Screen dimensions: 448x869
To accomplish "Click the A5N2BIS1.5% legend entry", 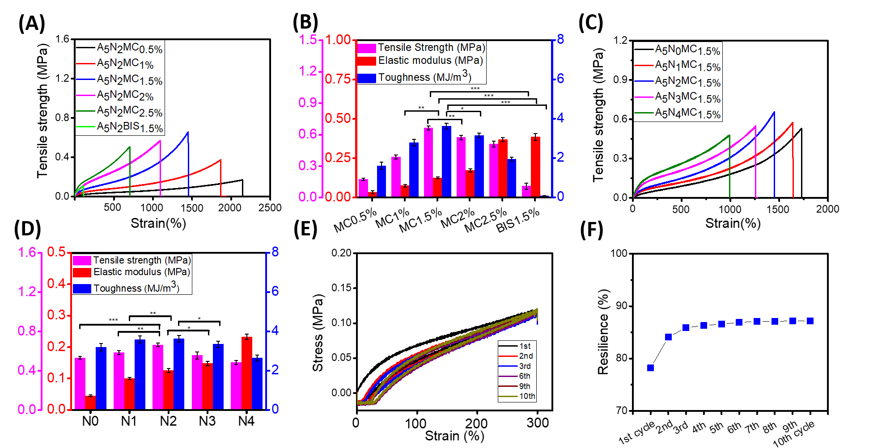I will [x=130, y=127].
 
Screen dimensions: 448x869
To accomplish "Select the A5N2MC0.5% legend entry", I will [x=130, y=48].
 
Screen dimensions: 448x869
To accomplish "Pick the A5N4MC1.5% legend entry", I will [x=687, y=113].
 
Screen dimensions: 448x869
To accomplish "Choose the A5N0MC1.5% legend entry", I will [x=687, y=50].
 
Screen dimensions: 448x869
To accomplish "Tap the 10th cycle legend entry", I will [x=526, y=396].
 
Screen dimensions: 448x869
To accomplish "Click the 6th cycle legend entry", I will [x=524, y=376].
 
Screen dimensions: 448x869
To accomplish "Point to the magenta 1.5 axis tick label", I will [x=308, y=40].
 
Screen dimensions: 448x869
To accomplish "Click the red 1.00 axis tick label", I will [x=338, y=40].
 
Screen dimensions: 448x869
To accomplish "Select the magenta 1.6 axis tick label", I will [x=27, y=253].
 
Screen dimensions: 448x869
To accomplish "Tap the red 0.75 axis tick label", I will [x=338, y=79].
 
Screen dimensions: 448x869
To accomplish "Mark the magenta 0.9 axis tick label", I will [x=308, y=103].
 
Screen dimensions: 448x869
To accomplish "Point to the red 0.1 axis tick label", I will [x=56, y=378].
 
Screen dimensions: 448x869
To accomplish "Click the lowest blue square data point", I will [x=650, y=368].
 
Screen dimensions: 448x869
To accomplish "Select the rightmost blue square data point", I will [x=810, y=321].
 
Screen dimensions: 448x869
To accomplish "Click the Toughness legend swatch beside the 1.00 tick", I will [x=367, y=78].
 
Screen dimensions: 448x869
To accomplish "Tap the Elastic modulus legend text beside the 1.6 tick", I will [x=141, y=272].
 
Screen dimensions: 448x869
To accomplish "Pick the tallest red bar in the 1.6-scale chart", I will [x=247, y=373].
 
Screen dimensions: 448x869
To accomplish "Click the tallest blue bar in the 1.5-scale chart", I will [x=446, y=161].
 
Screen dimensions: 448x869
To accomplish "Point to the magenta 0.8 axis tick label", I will [x=27, y=331].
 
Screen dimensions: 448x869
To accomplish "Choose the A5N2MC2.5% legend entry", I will [x=130, y=111].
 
